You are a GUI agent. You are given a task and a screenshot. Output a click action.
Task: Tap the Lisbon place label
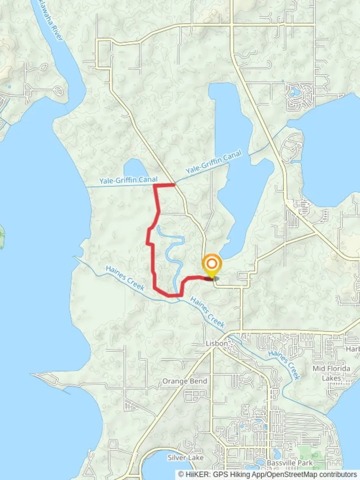tap(216, 344)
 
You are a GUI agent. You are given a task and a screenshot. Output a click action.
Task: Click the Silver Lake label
tap(185, 457)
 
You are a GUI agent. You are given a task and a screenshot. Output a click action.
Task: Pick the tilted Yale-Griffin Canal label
tap(214, 162)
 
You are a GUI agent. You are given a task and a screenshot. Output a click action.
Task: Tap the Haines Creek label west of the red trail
tap(125, 278)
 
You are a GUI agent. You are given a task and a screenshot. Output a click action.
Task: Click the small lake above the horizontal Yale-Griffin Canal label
tap(135, 169)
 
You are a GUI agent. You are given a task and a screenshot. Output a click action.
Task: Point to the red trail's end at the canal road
tap(174, 184)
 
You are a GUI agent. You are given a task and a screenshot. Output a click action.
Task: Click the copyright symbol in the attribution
tap(182, 475)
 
